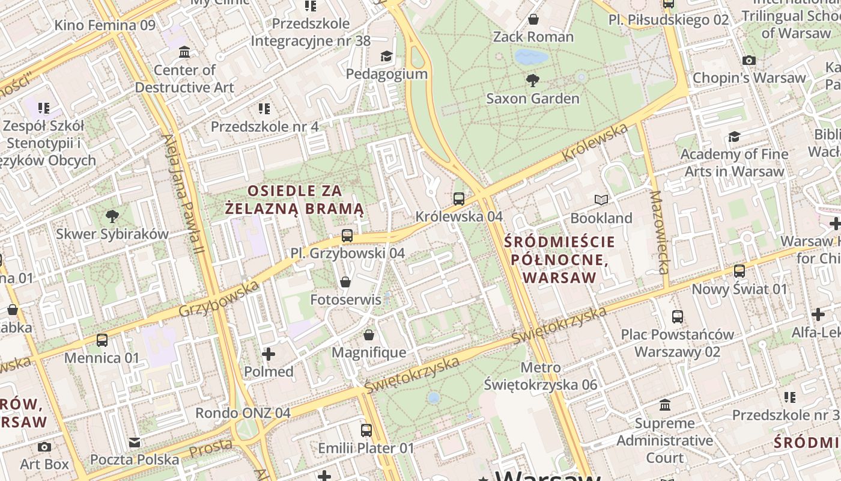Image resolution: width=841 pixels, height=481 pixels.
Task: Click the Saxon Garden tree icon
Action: [x=532, y=80]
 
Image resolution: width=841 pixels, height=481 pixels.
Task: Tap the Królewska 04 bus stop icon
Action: [x=459, y=198]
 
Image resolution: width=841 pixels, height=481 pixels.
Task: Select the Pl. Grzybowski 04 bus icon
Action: [x=347, y=236]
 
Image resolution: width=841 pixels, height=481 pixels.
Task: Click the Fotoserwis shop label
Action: [x=345, y=299]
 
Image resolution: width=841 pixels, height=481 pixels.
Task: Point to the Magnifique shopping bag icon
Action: [x=369, y=335]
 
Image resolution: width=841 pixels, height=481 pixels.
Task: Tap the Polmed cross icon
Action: [x=269, y=354]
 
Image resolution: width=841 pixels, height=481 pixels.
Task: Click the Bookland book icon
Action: [x=601, y=200]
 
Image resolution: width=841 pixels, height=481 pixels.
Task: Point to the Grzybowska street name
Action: [x=219, y=299]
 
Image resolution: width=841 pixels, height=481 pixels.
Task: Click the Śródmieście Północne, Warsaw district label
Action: [x=559, y=260]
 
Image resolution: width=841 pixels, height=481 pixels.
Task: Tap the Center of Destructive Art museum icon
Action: [x=184, y=52]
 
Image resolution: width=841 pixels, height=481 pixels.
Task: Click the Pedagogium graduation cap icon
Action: [x=386, y=57]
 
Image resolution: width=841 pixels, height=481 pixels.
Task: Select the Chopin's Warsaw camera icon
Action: [x=748, y=60]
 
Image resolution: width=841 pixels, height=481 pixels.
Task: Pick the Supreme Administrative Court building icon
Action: [x=665, y=405]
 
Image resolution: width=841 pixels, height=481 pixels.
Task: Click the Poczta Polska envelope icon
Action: [x=135, y=443]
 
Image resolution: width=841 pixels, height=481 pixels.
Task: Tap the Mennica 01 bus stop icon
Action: [x=102, y=340]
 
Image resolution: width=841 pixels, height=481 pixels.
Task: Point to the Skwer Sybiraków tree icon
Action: [x=112, y=216]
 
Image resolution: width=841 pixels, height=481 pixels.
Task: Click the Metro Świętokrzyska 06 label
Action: [x=541, y=376]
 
